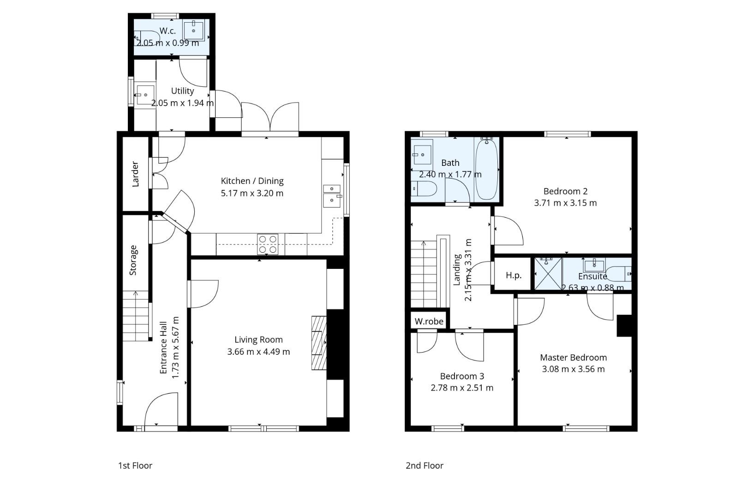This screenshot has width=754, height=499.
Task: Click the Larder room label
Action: click(135, 174)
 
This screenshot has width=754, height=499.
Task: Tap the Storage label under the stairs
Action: click(133, 260)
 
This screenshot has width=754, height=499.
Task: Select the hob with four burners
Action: click(268, 244)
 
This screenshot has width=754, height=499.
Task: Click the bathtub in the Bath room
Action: click(486, 170)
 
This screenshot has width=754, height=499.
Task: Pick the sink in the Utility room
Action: click(145, 95)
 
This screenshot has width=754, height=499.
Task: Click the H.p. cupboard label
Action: click(514, 276)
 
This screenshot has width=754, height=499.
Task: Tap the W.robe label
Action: click(429, 321)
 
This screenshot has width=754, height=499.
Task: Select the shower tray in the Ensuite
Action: click(548, 273)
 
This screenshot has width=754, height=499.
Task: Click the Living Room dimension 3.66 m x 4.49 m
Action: click(258, 352)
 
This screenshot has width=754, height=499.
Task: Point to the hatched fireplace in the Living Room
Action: click(319, 343)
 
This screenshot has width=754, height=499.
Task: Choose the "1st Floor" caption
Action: click(135, 465)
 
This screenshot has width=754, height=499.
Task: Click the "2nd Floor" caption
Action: click(425, 465)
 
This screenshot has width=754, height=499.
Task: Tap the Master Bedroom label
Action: click(573, 357)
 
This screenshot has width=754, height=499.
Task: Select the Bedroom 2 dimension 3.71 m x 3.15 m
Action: click(566, 203)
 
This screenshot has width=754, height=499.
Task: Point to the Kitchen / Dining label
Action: click(252, 181)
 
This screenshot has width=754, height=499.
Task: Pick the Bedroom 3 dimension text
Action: click(462, 388)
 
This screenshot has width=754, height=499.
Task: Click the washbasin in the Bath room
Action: click(422, 155)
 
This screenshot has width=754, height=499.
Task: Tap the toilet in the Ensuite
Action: click(619, 274)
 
